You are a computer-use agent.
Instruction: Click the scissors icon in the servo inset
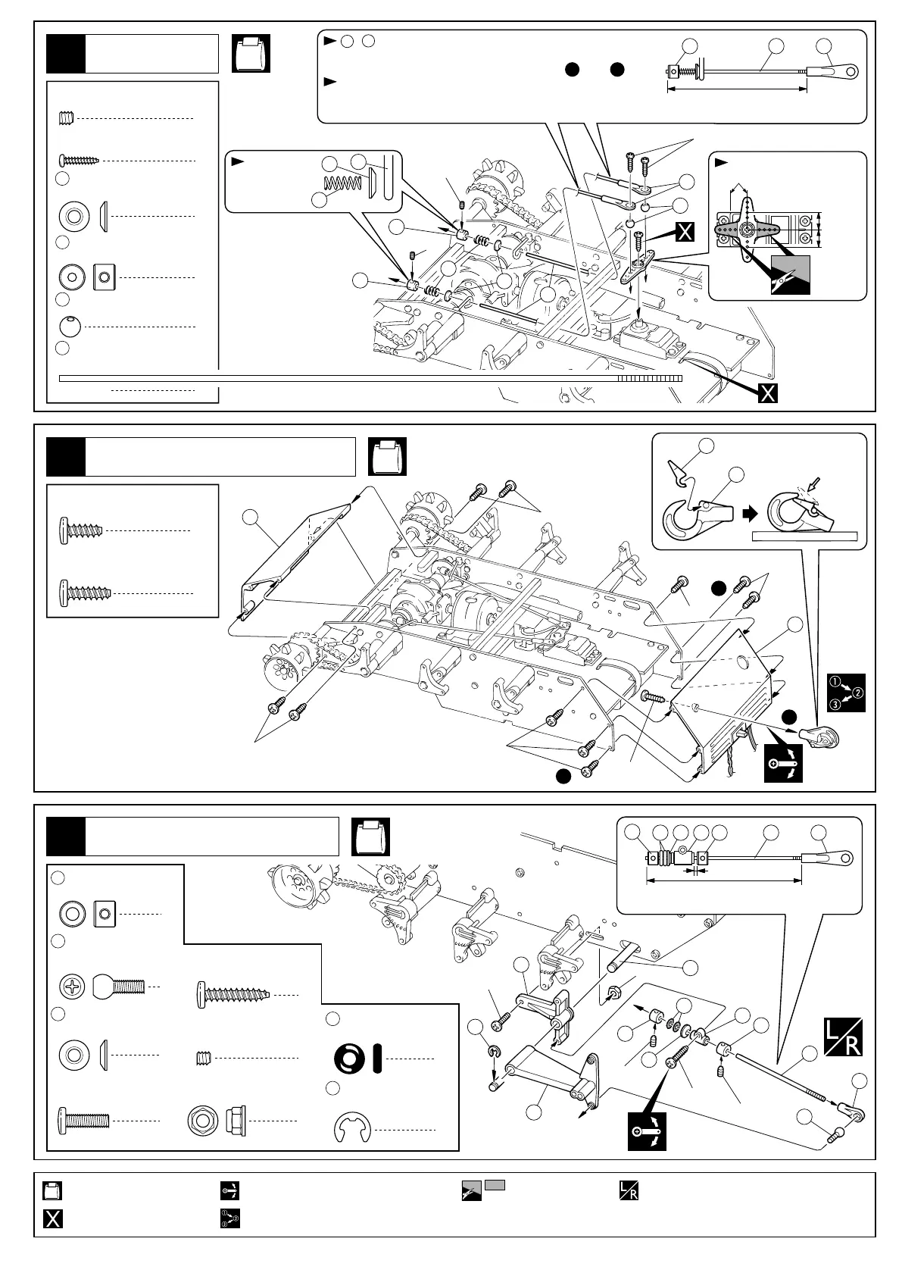point(790,275)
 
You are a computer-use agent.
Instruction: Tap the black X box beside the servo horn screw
point(684,232)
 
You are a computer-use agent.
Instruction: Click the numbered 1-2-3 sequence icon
point(846,692)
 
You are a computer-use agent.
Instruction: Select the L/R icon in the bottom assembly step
point(842,1037)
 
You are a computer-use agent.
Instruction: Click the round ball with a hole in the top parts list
point(70,327)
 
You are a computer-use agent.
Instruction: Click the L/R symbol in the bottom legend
point(628,1190)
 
